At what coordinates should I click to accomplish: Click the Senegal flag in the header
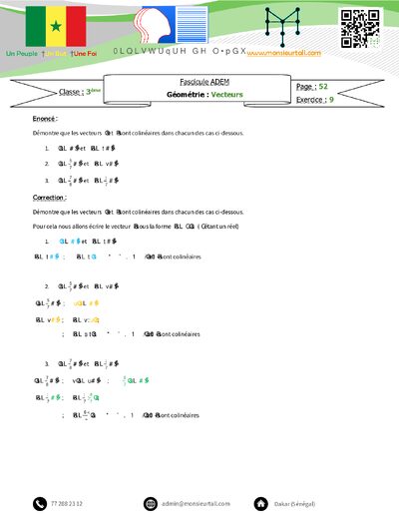click(x=56, y=25)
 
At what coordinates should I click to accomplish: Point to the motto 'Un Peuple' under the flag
click(x=23, y=52)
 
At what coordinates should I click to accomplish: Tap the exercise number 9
click(x=331, y=100)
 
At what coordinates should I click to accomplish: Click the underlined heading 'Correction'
click(x=50, y=198)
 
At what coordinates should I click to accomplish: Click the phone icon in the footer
click(x=39, y=503)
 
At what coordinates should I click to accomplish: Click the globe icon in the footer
click(x=151, y=503)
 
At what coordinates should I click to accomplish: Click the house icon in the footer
click(x=260, y=503)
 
